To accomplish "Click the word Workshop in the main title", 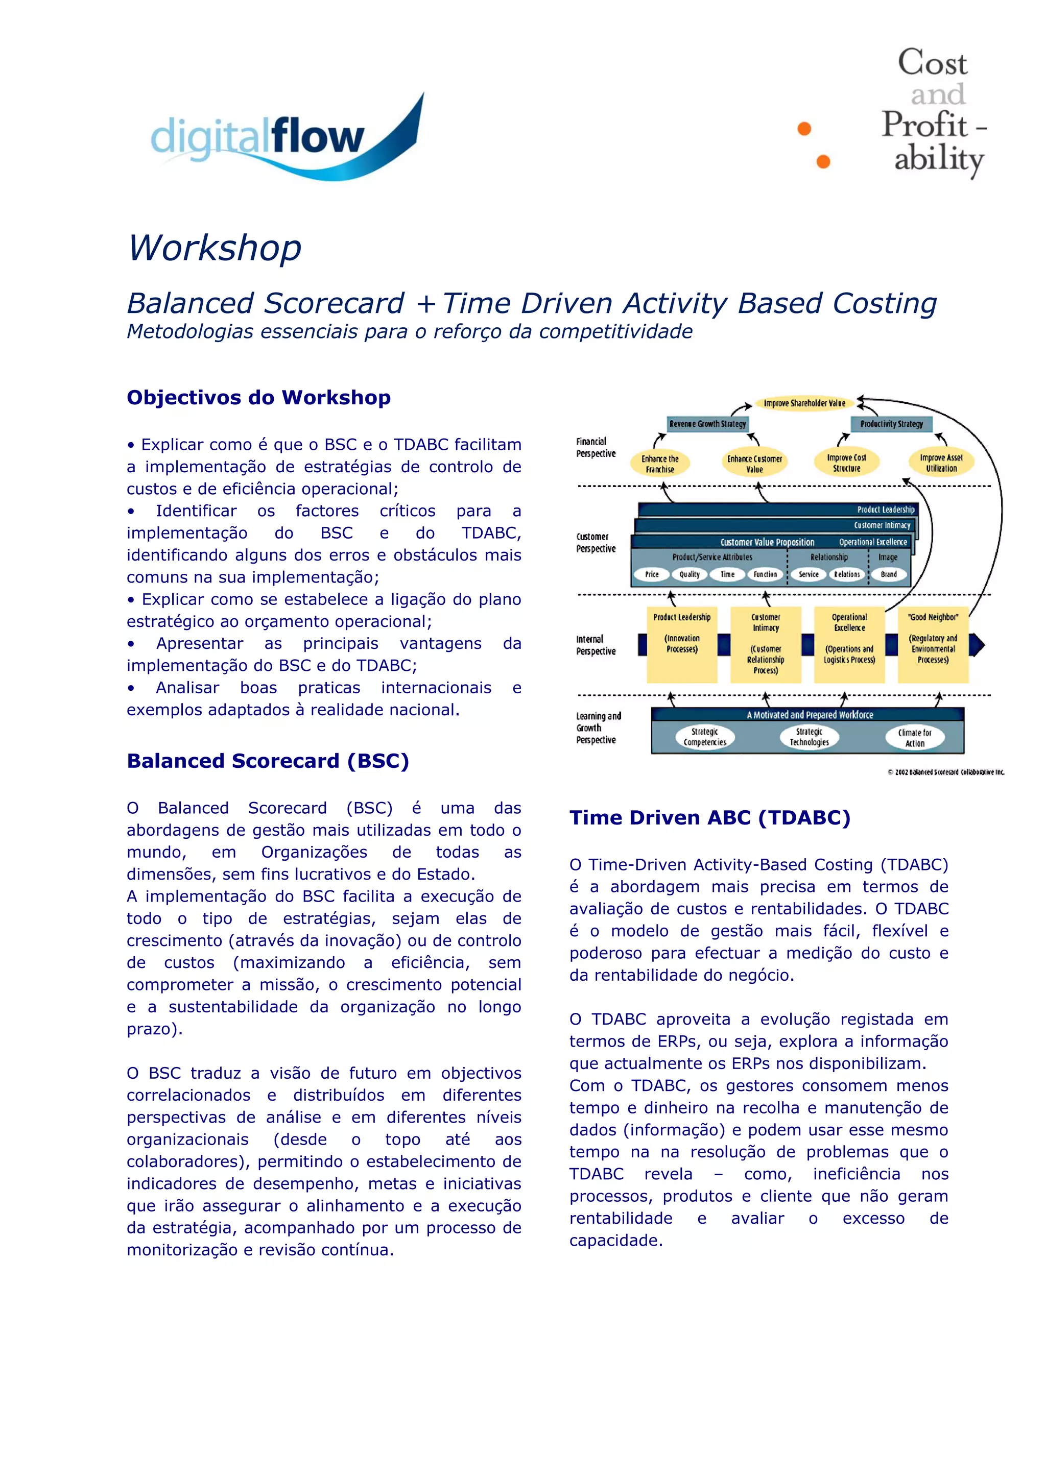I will pos(215,248).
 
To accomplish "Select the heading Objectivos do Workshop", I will pos(258,398).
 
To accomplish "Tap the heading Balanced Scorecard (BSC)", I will pos(268,761).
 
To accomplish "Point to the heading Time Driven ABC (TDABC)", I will pos(709,817).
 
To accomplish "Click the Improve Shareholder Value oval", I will pos(804,403).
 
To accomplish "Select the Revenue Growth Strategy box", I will pos(708,424).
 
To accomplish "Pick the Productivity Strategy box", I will pos(891,424).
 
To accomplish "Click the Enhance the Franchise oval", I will pos(660,464).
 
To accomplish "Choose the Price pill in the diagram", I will pos(652,574).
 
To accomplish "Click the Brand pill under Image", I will pos(889,574).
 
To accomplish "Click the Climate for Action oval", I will pos(915,738).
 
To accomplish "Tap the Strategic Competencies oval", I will pos(704,737).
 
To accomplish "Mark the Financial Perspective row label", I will pos(596,448).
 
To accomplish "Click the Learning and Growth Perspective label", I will pos(598,728).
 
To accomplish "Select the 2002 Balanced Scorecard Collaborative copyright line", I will pos(945,772).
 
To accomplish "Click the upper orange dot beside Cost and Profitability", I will pos(804,129).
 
